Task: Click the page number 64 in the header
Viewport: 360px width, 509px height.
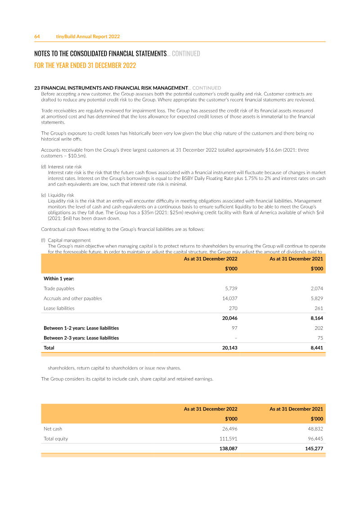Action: tap(37, 36)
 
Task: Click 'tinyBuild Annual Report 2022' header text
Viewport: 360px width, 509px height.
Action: tap(88, 36)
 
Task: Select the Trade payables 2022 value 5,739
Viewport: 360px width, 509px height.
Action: tap(231, 288)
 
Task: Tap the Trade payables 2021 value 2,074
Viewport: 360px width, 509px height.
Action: tap(317, 288)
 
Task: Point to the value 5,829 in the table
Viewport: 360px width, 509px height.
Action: tap(317, 298)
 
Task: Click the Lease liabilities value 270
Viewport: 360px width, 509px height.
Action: tap(233, 308)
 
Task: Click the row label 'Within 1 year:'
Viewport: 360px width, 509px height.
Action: tap(58, 279)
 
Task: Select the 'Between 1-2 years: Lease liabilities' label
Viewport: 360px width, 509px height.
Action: tap(81, 328)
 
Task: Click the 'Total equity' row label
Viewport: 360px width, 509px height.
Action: tap(56, 439)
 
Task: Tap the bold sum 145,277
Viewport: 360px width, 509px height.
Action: tap(314, 449)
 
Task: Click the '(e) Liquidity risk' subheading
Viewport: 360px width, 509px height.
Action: tap(61, 195)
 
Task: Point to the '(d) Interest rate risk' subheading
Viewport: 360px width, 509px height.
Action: tap(64, 167)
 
